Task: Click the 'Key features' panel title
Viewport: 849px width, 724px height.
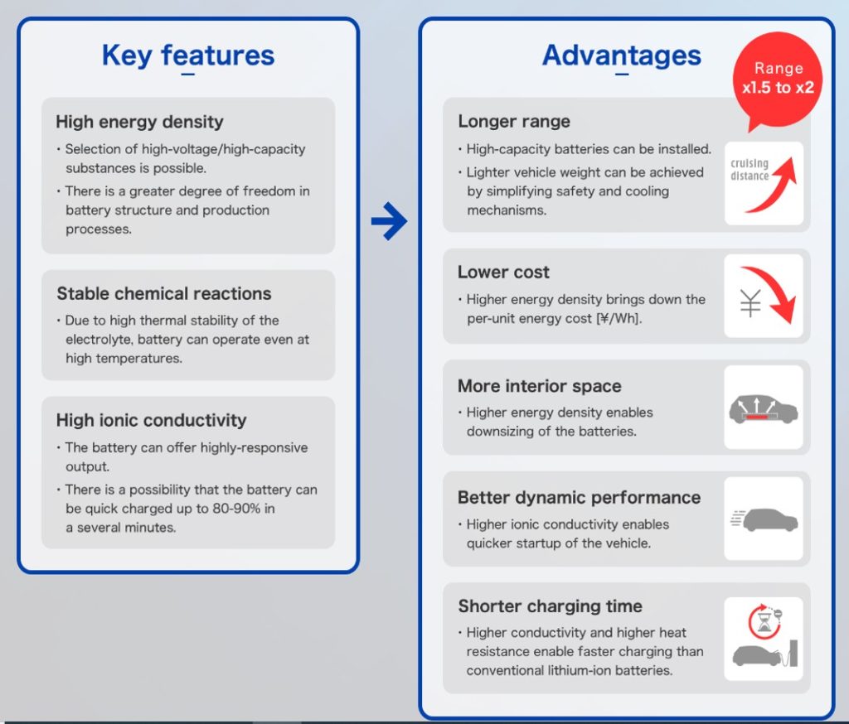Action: point(188,56)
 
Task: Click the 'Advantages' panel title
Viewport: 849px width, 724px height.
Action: point(621,56)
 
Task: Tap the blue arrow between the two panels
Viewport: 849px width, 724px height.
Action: point(388,221)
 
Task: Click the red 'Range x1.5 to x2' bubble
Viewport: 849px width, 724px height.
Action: point(778,79)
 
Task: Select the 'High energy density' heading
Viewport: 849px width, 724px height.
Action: point(139,122)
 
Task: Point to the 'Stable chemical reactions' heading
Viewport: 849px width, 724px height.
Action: point(163,293)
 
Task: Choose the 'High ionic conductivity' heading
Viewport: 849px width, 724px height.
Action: point(151,420)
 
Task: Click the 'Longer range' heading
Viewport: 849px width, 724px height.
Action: point(514,121)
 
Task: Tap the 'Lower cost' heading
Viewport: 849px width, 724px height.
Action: point(503,272)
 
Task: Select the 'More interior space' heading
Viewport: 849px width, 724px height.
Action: point(539,386)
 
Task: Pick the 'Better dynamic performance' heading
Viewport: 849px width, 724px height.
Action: point(579,497)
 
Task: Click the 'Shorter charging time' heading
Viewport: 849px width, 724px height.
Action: point(550,606)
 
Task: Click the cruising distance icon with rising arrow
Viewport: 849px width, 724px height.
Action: point(764,183)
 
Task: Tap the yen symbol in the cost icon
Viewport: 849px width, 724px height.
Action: point(750,305)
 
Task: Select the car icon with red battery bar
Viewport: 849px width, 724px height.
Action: point(764,408)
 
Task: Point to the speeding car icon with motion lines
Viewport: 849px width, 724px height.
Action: point(764,519)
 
